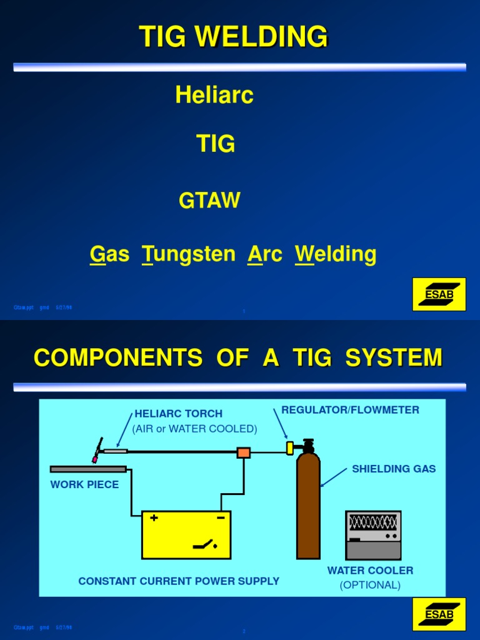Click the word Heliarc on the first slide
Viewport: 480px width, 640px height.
(214, 95)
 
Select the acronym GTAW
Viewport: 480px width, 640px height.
(209, 201)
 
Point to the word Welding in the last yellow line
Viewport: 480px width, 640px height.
(336, 254)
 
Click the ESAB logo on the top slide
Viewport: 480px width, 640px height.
(439, 294)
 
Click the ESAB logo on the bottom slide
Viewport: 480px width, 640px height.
(439, 614)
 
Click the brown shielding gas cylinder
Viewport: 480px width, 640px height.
(308, 506)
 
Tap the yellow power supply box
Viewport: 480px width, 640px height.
(186, 534)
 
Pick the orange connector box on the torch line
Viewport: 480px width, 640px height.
(244, 452)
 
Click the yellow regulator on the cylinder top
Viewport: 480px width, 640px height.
(290, 447)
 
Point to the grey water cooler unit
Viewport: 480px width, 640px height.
(373, 535)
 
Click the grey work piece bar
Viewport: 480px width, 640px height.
(88, 469)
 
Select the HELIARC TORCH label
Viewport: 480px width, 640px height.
(179, 414)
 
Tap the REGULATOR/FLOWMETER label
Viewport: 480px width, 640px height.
(350, 410)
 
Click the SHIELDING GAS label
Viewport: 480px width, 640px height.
(394, 469)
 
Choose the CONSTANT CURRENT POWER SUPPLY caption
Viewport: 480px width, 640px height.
(179, 581)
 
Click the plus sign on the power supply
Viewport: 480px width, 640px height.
(154, 517)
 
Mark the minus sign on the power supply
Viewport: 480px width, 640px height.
(220, 517)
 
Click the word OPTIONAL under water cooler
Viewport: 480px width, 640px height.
(370, 585)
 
